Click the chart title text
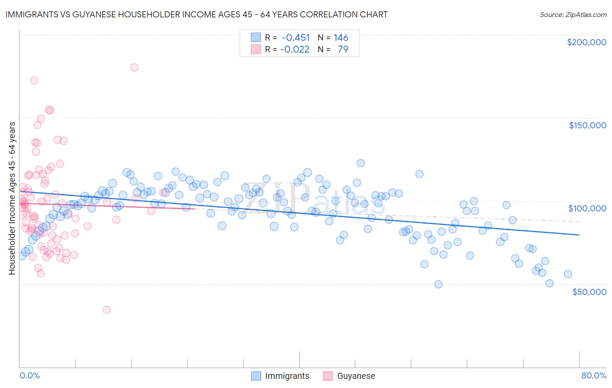pyautogui.click(x=196, y=14)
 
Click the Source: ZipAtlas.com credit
pyautogui.click(x=573, y=14)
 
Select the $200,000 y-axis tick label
pyautogui.click(x=586, y=42)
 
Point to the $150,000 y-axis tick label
pyautogui.click(x=587, y=125)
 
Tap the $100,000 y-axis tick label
pyautogui.click(x=587, y=208)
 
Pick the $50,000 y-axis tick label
pyautogui.click(x=589, y=292)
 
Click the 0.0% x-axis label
pyautogui.click(x=30, y=375)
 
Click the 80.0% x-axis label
pyautogui.click(x=594, y=375)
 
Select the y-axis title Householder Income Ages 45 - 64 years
pyautogui.click(x=12, y=198)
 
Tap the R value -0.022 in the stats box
pyautogui.click(x=295, y=49)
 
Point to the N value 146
pyautogui.click(x=341, y=38)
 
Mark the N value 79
pyautogui.click(x=343, y=49)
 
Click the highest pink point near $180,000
pyautogui.click(x=134, y=67)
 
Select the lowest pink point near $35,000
pyautogui.click(x=107, y=310)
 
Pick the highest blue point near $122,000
pyautogui.click(x=360, y=163)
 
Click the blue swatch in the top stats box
pyautogui.click(x=256, y=38)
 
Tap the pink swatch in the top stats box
pyautogui.click(x=256, y=49)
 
